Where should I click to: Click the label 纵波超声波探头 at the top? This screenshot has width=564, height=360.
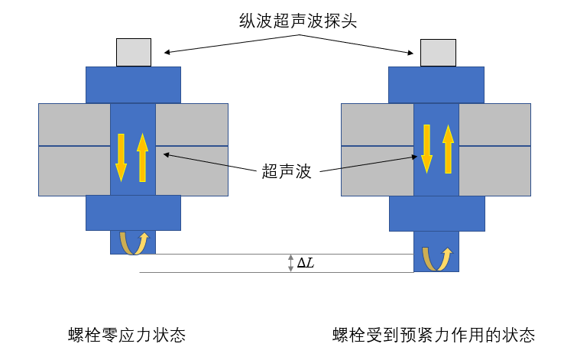(297, 21)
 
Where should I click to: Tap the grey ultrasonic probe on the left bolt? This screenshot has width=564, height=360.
(133, 52)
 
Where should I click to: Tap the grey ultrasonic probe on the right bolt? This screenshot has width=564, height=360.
(438, 52)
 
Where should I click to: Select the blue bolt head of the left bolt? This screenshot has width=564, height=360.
(133, 85)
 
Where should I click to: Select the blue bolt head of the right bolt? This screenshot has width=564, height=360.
(437, 85)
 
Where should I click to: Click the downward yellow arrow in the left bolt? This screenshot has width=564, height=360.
(121, 157)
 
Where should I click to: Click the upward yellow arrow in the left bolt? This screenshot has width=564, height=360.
(142, 157)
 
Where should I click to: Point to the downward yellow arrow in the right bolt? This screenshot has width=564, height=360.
(426, 148)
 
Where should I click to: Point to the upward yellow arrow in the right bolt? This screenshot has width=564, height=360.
(448, 148)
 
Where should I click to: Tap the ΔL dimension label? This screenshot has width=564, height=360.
(305, 263)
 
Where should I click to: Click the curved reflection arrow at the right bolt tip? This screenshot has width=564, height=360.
(437, 259)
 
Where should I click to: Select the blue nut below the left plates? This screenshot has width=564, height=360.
(133, 212)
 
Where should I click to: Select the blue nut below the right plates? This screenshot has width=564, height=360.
(437, 212)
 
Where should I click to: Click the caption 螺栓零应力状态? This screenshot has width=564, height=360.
(127, 335)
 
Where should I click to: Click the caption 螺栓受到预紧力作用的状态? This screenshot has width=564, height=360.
(433, 335)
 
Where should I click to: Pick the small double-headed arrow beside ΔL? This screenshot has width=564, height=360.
(290, 263)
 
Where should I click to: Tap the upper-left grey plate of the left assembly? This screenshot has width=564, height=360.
(74, 124)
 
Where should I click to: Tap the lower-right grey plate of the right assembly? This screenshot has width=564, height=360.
(494, 170)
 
